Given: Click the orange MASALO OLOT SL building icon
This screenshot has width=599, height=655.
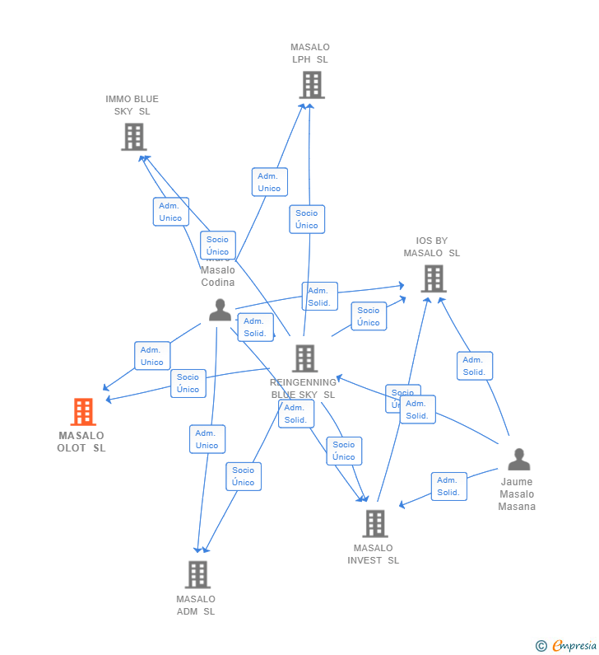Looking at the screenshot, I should coord(83,412).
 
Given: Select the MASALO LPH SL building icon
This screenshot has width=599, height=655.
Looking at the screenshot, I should coord(311,85).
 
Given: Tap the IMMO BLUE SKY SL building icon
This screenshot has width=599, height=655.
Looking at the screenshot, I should coord(133,137).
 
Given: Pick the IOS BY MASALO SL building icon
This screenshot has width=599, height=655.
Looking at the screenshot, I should coord(433,278).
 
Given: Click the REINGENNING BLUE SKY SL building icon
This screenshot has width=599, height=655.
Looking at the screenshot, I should coord(304,358).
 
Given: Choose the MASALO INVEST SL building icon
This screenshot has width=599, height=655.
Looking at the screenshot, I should coord(374,523).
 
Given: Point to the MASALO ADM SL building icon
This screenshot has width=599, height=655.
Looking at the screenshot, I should coord(197,574).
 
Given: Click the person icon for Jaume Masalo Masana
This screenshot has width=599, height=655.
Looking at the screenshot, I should coord(518,460).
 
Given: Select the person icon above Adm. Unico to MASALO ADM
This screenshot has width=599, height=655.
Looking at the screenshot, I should coord(220,310).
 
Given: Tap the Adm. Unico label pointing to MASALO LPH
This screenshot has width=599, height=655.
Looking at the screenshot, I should coord(269,182).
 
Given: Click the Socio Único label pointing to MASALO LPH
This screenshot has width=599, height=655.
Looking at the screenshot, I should coord(307,219).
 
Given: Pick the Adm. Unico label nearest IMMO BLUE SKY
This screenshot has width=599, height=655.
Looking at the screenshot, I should coord(170,212).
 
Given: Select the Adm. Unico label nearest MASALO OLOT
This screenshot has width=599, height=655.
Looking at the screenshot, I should coord(152,356).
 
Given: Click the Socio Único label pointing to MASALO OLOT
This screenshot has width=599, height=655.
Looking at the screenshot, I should coord(188,383).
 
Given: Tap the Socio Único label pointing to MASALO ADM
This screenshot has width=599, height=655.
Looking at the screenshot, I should coord(244,476).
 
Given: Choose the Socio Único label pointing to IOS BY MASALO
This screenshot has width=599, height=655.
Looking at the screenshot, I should coord(369,316).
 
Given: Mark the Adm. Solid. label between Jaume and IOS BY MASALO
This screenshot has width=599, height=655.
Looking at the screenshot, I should coord(474,366).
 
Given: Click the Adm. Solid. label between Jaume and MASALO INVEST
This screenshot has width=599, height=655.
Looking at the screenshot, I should coord(448,486).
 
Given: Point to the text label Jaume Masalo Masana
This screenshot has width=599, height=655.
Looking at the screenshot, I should coord(517,494).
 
